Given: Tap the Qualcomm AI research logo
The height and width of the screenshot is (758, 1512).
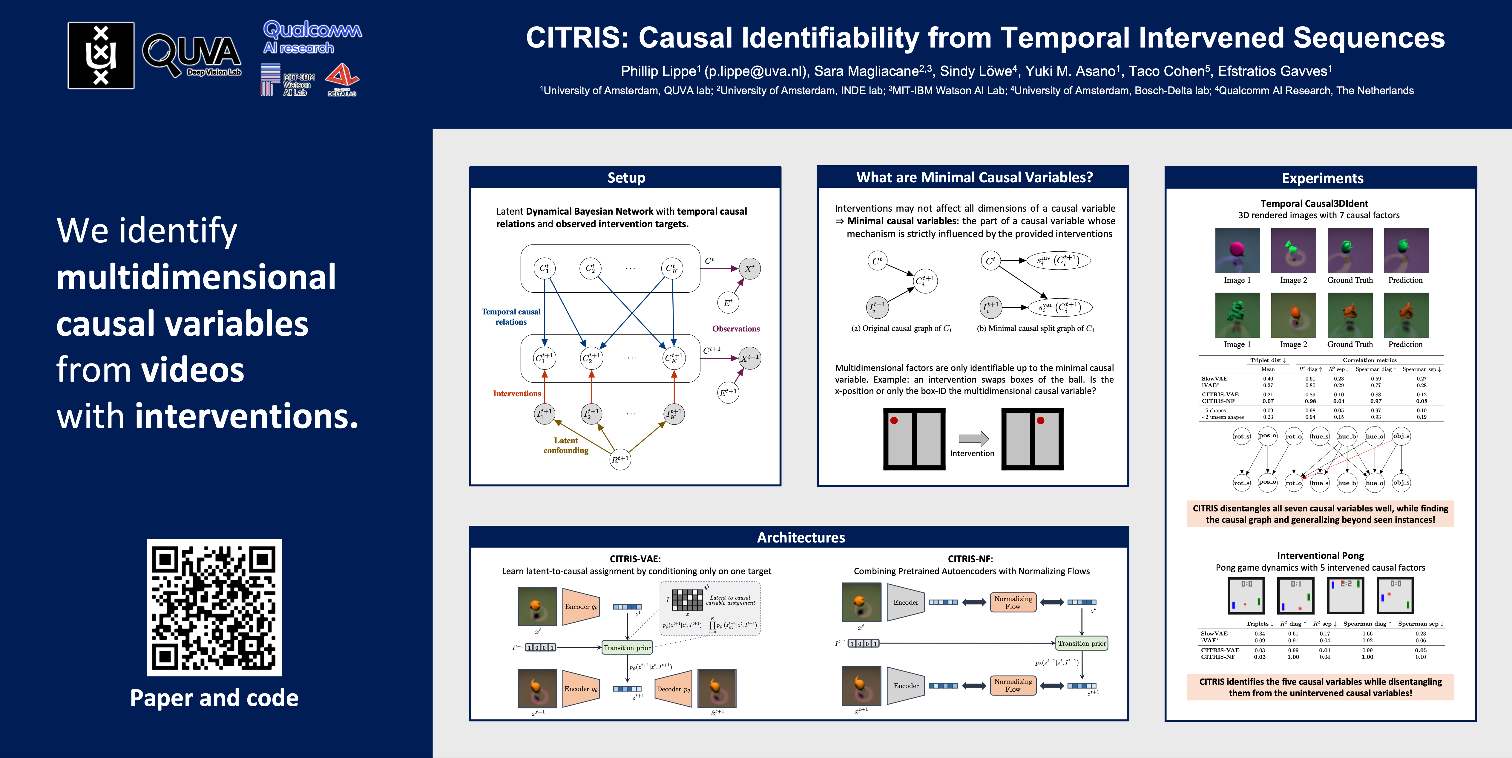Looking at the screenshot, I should (312, 38).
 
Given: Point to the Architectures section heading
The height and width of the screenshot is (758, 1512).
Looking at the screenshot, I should (801, 537).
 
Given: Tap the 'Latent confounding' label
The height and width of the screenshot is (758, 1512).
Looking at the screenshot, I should (566, 445).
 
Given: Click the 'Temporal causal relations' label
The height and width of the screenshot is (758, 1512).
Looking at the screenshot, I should (511, 317).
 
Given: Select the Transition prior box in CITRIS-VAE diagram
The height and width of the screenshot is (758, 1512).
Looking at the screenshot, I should (627, 648).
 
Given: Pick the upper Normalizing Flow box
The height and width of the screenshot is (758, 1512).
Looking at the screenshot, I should (1013, 602).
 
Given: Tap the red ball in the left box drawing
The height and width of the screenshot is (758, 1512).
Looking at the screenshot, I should (894, 420).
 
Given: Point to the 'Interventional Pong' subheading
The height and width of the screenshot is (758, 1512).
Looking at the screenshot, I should (1320, 555).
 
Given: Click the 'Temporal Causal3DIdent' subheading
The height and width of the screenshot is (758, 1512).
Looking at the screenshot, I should (1314, 203).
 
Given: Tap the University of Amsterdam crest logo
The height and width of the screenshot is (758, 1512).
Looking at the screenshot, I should (101, 56).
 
